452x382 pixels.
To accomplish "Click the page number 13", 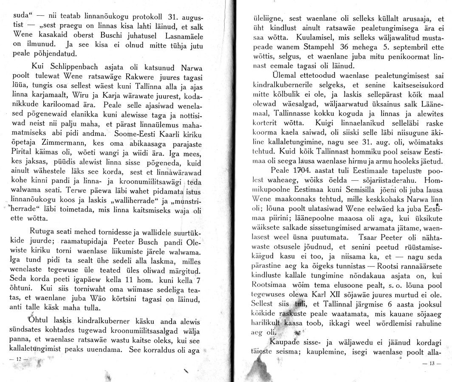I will point(435,364).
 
